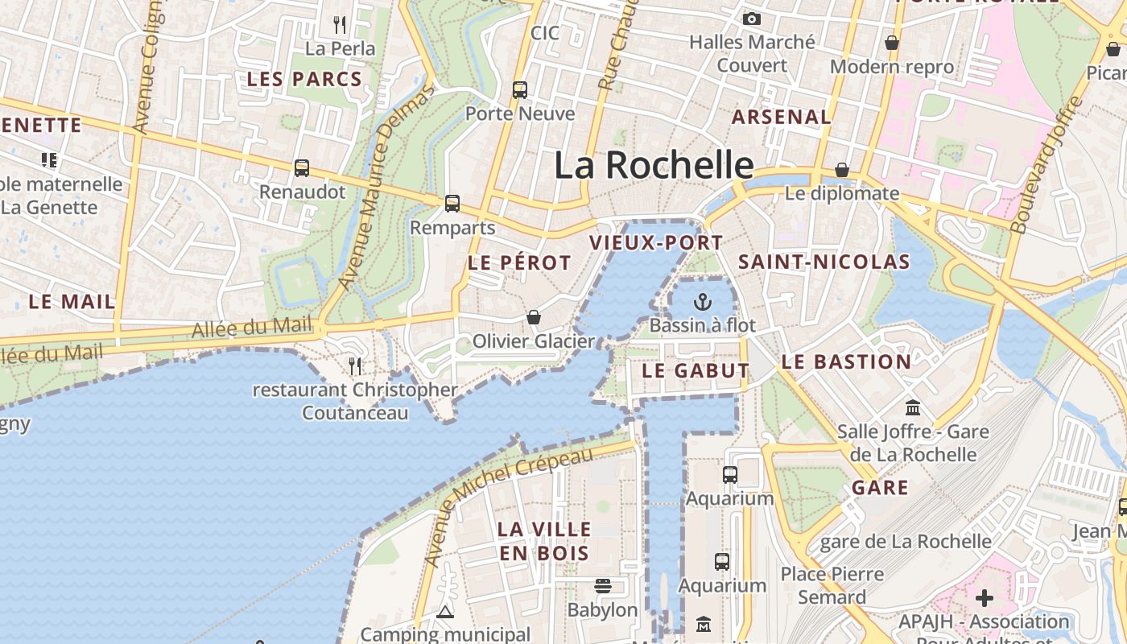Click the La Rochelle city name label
pos(654,165)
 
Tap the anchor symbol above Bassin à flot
pos(703,303)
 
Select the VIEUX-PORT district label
pos(656,242)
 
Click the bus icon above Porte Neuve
pos(520,89)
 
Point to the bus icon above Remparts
pos(452,204)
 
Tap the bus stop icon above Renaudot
pos(302,168)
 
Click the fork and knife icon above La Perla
pos(340,25)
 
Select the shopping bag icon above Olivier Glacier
pos(533,318)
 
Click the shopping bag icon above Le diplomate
pos(841,170)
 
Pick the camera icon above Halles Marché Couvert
pos(752,19)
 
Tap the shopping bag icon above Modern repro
pos(892,43)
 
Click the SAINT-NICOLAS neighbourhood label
pos(824,262)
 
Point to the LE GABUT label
pos(696,371)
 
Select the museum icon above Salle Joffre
pos(913,408)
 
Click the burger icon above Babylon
pos(602,586)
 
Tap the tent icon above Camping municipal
pos(445,613)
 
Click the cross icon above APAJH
pos(984,598)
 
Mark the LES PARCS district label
pos(304,79)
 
